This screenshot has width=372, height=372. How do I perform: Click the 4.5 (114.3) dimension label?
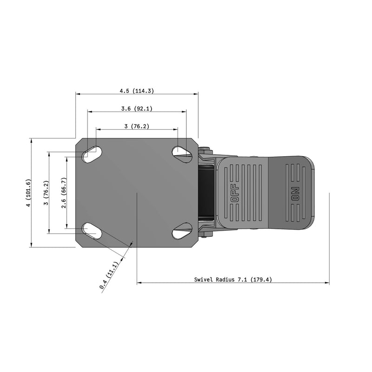click(x=137, y=91)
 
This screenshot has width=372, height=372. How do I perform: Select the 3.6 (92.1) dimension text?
click(x=137, y=109)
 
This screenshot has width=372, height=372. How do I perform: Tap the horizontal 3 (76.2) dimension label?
click(x=137, y=126)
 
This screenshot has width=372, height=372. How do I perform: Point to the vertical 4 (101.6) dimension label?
click(x=28, y=193)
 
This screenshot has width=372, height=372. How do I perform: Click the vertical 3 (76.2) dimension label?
click(x=46, y=193)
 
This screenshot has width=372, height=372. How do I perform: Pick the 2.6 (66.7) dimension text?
click(x=64, y=193)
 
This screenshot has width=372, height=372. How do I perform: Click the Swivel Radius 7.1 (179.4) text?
click(x=232, y=280)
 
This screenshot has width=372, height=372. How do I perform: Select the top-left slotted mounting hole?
click(x=93, y=153)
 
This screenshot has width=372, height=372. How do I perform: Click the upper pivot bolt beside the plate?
click(x=205, y=149)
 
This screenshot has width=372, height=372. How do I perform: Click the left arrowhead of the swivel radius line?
click(x=139, y=282)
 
